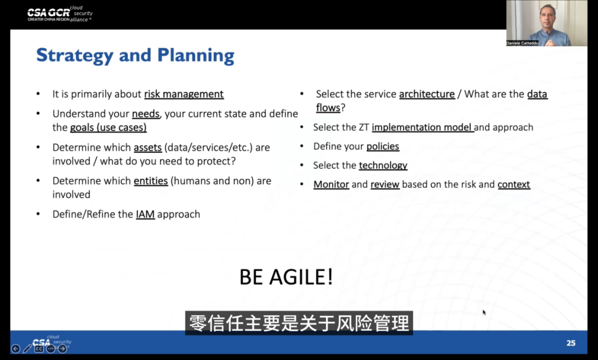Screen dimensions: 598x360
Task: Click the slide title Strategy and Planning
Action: click(x=135, y=56)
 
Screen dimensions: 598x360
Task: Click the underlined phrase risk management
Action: click(x=184, y=94)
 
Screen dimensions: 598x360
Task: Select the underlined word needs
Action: click(x=146, y=114)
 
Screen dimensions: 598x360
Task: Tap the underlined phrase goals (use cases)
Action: click(x=109, y=127)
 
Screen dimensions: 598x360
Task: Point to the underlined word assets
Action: click(x=148, y=147)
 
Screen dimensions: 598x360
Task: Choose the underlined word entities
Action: click(x=151, y=181)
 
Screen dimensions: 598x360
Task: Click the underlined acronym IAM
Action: click(x=145, y=214)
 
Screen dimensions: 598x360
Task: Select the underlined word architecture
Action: click(x=427, y=94)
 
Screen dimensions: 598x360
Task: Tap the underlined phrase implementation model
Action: click(x=422, y=127)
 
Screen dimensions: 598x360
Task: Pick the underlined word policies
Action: click(x=383, y=146)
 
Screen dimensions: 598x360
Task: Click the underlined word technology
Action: click(x=383, y=166)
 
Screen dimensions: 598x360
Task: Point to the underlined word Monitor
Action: click(x=331, y=184)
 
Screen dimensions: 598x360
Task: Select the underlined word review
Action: click(x=385, y=184)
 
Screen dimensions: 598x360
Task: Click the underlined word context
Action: click(x=514, y=184)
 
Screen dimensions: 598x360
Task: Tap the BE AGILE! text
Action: click(x=286, y=277)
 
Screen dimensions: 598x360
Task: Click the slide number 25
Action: click(x=571, y=343)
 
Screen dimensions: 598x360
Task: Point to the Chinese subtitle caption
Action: click(x=299, y=323)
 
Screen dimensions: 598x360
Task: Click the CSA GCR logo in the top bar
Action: click(x=60, y=14)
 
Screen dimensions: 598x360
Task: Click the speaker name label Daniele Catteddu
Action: click(x=522, y=43)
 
